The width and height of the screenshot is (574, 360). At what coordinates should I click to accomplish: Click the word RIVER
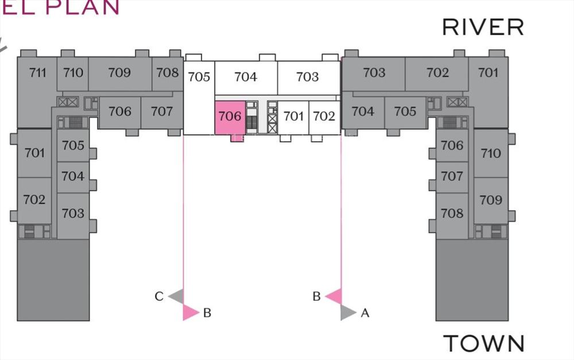(x=483, y=27)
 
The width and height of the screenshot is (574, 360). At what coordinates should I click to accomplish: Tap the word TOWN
(x=484, y=343)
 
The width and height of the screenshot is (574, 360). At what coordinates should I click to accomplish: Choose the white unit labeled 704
(x=246, y=78)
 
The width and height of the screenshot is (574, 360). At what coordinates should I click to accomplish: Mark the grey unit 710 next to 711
(x=73, y=73)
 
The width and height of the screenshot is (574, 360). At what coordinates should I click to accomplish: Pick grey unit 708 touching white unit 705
(x=168, y=73)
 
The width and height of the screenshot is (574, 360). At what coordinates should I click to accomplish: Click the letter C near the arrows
(x=159, y=296)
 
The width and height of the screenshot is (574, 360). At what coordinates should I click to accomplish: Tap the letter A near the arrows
(x=365, y=313)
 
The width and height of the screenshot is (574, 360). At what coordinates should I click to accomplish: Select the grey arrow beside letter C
(x=176, y=296)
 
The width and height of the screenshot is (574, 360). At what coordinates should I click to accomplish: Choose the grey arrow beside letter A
(x=348, y=313)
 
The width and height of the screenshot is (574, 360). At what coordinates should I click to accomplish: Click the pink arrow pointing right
(x=191, y=313)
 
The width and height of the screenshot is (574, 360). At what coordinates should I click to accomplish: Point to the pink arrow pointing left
(x=334, y=296)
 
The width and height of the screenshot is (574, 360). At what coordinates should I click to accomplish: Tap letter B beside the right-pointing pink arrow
(x=207, y=313)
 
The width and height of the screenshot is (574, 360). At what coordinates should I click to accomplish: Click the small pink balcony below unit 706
(x=237, y=138)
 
